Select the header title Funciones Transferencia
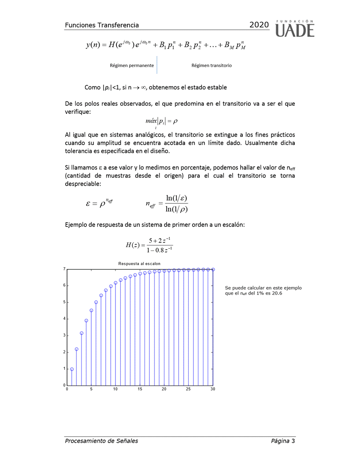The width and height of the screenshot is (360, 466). click(102, 26)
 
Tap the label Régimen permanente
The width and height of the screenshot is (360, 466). click(132, 65)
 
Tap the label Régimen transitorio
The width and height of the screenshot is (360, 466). click(212, 65)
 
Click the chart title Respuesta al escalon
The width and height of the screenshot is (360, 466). click(139, 264)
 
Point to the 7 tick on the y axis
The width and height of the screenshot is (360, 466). click(64, 268)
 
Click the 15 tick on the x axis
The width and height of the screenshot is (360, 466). click(140, 389)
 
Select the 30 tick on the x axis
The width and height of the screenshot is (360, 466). click(213, 389)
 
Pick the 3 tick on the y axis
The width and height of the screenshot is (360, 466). click(64, 336)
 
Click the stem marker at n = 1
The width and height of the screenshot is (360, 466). click(72, 369)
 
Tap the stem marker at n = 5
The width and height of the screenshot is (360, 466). click(91, 310)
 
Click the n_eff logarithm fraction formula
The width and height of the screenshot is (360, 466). click(167, 203)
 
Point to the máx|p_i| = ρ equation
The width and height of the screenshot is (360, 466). click(161, 121)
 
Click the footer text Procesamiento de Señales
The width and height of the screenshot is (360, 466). click(101, 441)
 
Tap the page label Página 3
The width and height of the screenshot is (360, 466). click(283, 441)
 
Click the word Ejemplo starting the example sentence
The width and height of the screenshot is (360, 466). click(76, 224)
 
